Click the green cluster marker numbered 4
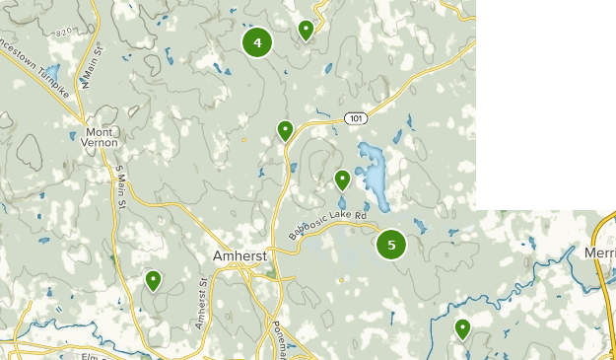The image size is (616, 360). [257, 42]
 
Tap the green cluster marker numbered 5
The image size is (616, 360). [391, 245]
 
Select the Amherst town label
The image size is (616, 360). [240, 255]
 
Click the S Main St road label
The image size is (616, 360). [119, 186]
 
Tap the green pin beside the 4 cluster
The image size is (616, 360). [307, 30]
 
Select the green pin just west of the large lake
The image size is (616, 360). [342, 180]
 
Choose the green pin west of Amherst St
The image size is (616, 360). [154, 281]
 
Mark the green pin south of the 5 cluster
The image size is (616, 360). [462, 328]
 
